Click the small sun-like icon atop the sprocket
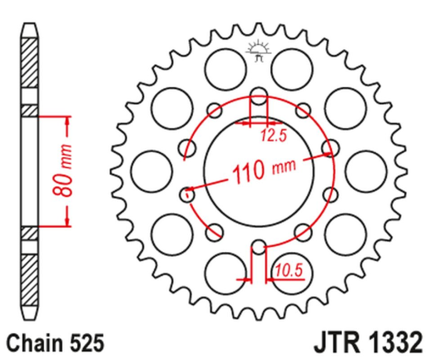259,49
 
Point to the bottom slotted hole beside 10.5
258,248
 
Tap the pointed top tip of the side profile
30,22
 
